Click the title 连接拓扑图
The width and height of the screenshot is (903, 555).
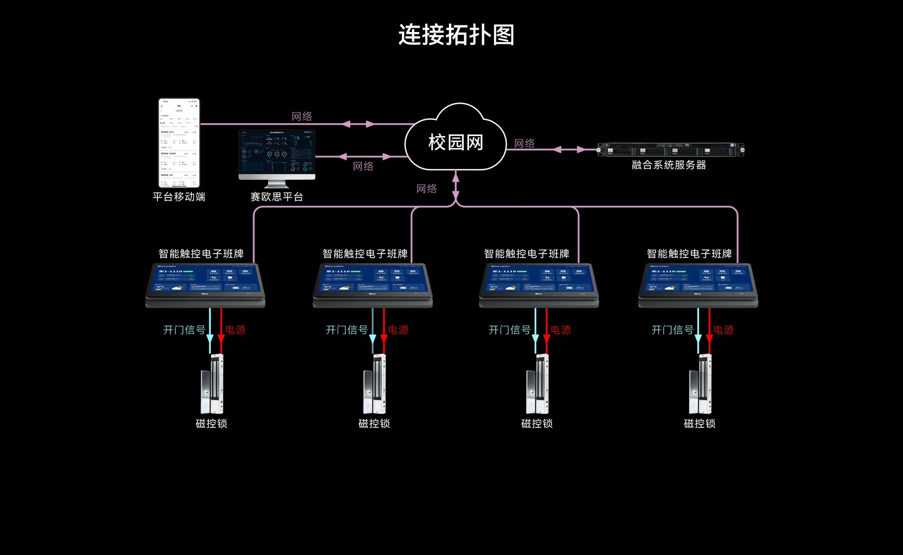(x=456, y=35)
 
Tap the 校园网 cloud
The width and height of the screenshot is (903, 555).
(x=455, y=142)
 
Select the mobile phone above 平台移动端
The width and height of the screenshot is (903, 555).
(x=179, y=143)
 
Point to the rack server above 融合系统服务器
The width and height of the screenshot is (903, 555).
(x=670, y=150)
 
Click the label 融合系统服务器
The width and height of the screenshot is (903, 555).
(x=668, y=165)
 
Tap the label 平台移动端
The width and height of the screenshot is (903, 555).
(x=179, y=197)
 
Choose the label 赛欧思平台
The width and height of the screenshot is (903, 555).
(x=277, y=197)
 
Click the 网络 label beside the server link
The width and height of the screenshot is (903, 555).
(x=524, y=143)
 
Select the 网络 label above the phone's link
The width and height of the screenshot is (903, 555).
(x=301, y=116)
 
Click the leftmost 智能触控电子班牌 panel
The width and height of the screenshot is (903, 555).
(x=206, y=284)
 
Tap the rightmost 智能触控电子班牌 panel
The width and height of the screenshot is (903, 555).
(x=698, y=284)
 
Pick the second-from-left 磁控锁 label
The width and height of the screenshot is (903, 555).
(x=374, y=424)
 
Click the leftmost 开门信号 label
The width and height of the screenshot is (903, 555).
(x=184, y=330)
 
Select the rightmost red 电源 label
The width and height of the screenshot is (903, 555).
(x=723, y=330)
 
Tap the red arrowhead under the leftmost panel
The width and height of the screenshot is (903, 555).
(x=221, y=339)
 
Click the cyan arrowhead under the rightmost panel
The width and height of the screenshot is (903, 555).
(x=698, y=339)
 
